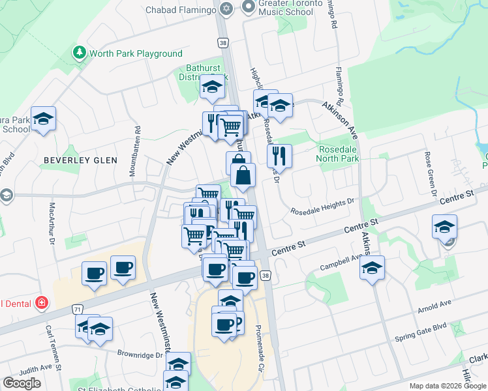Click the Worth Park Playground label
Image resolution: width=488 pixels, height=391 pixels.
pyautogui.click(x=136, y=53)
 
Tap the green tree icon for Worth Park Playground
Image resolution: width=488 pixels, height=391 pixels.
pyautogui.click(x=80, y=52)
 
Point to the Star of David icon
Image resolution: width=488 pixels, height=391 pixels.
pyautogui.click(x=226, y=9)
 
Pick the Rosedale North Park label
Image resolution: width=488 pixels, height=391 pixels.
pyautogui.click(x=338, y=153)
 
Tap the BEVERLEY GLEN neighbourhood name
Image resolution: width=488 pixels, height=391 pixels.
pyautogui.click(x=80, y=160)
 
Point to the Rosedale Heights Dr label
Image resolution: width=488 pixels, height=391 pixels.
pyautogui.click(x=322, y=208)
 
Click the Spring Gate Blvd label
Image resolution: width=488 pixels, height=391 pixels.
pyautogui.click(x=421, y=338)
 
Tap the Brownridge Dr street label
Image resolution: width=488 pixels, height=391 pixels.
pyautogui.click(x=140, y=355)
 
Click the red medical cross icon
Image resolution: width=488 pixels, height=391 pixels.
pyautogui.click(x=42, y=302)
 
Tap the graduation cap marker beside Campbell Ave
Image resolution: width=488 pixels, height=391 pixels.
pyautogui.click(x=372, y=267)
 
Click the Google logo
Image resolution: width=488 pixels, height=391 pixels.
pyautogui.click(x=22, y=383)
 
